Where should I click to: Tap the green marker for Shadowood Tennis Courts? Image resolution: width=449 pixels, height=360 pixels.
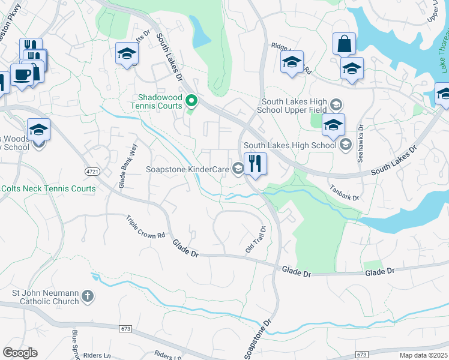(x=191, y=101)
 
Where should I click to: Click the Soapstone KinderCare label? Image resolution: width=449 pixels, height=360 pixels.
(x=187, y=170)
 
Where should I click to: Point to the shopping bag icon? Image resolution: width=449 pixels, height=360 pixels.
(x=344, y=44)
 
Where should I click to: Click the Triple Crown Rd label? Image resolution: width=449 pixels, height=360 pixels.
(x=145, y=228)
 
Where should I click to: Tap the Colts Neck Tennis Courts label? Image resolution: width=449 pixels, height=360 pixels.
(x=48, y=188)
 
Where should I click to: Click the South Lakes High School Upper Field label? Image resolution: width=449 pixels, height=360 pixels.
(x=292, y=106)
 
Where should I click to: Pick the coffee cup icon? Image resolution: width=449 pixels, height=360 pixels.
(x=22, y=75)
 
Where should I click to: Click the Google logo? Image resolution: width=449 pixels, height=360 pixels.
(x=20, y=353)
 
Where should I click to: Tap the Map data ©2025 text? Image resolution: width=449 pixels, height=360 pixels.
(x=423, y=355)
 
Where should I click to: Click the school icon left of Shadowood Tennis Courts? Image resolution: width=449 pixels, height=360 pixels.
(x=127, y=54)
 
